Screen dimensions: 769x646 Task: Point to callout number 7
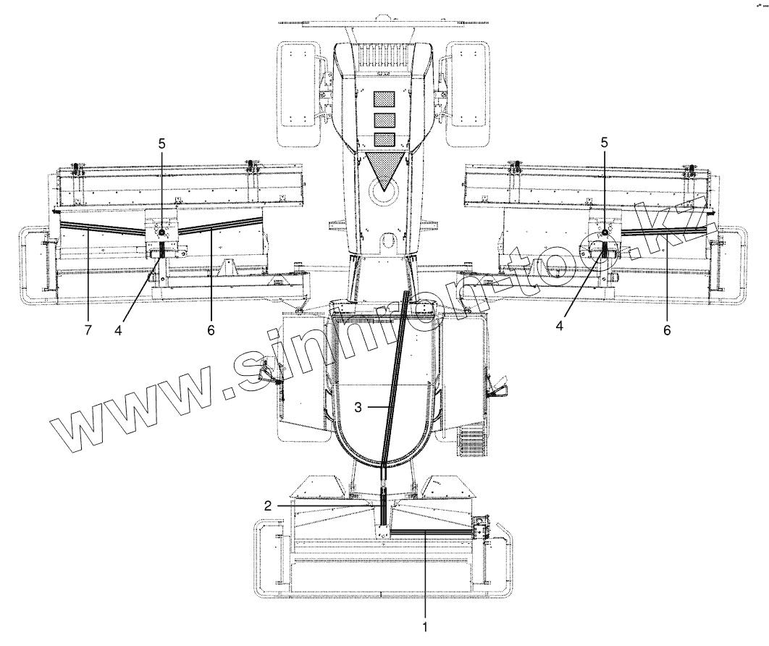pyautogui.click(x=87, y=330)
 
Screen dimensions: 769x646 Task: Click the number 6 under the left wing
pyautogui.click(x=210, y=330)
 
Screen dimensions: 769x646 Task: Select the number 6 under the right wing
pyautogui.click(x=667, y=330)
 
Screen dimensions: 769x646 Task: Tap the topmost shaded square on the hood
pyautogui.click(x=384, y=99)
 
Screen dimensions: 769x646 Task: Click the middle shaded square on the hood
pyautogui.click(x=384, y=119)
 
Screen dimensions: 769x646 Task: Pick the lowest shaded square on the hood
pyautogui.click(x=384, y=138)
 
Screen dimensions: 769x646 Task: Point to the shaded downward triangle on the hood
pyautogui.click(x=384, y=169)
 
